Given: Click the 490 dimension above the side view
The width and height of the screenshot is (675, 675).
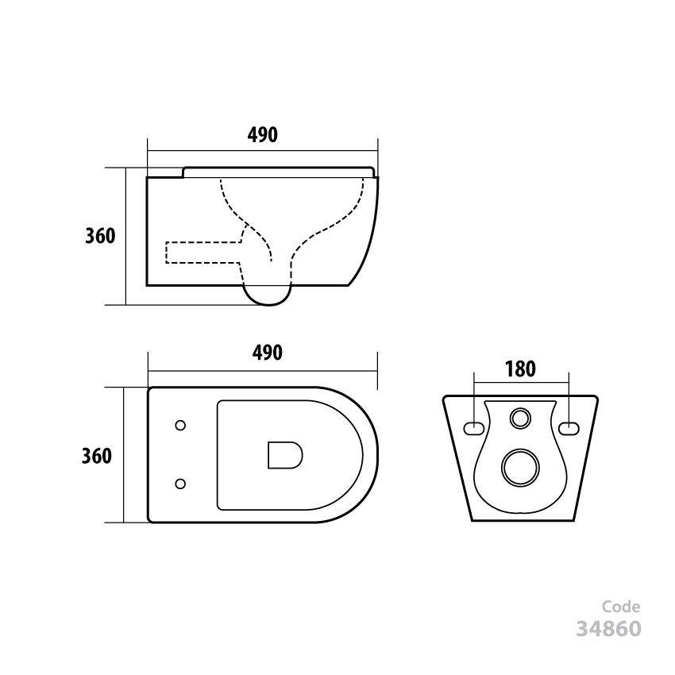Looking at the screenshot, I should pos(262,135).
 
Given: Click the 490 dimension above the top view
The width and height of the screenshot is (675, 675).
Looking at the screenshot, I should pos(267,353).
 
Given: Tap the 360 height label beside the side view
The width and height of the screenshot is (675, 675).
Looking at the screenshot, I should pos(101,237).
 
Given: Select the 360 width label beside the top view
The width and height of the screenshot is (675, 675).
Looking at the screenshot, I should pos(96,456).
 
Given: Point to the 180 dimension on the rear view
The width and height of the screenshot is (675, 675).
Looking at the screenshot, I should pos(520,368).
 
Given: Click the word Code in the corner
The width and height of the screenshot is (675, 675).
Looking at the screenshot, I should pos(621,607).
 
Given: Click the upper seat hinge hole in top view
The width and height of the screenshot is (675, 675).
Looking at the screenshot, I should pos(180,426).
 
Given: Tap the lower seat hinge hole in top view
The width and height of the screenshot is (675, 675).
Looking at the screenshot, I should pos(180,483).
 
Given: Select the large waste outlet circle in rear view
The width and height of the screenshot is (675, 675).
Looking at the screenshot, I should pos(520,467).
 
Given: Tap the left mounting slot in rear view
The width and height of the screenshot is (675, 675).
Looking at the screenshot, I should pos(473,428).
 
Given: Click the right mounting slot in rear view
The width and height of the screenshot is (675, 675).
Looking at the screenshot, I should pos(569,428).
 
